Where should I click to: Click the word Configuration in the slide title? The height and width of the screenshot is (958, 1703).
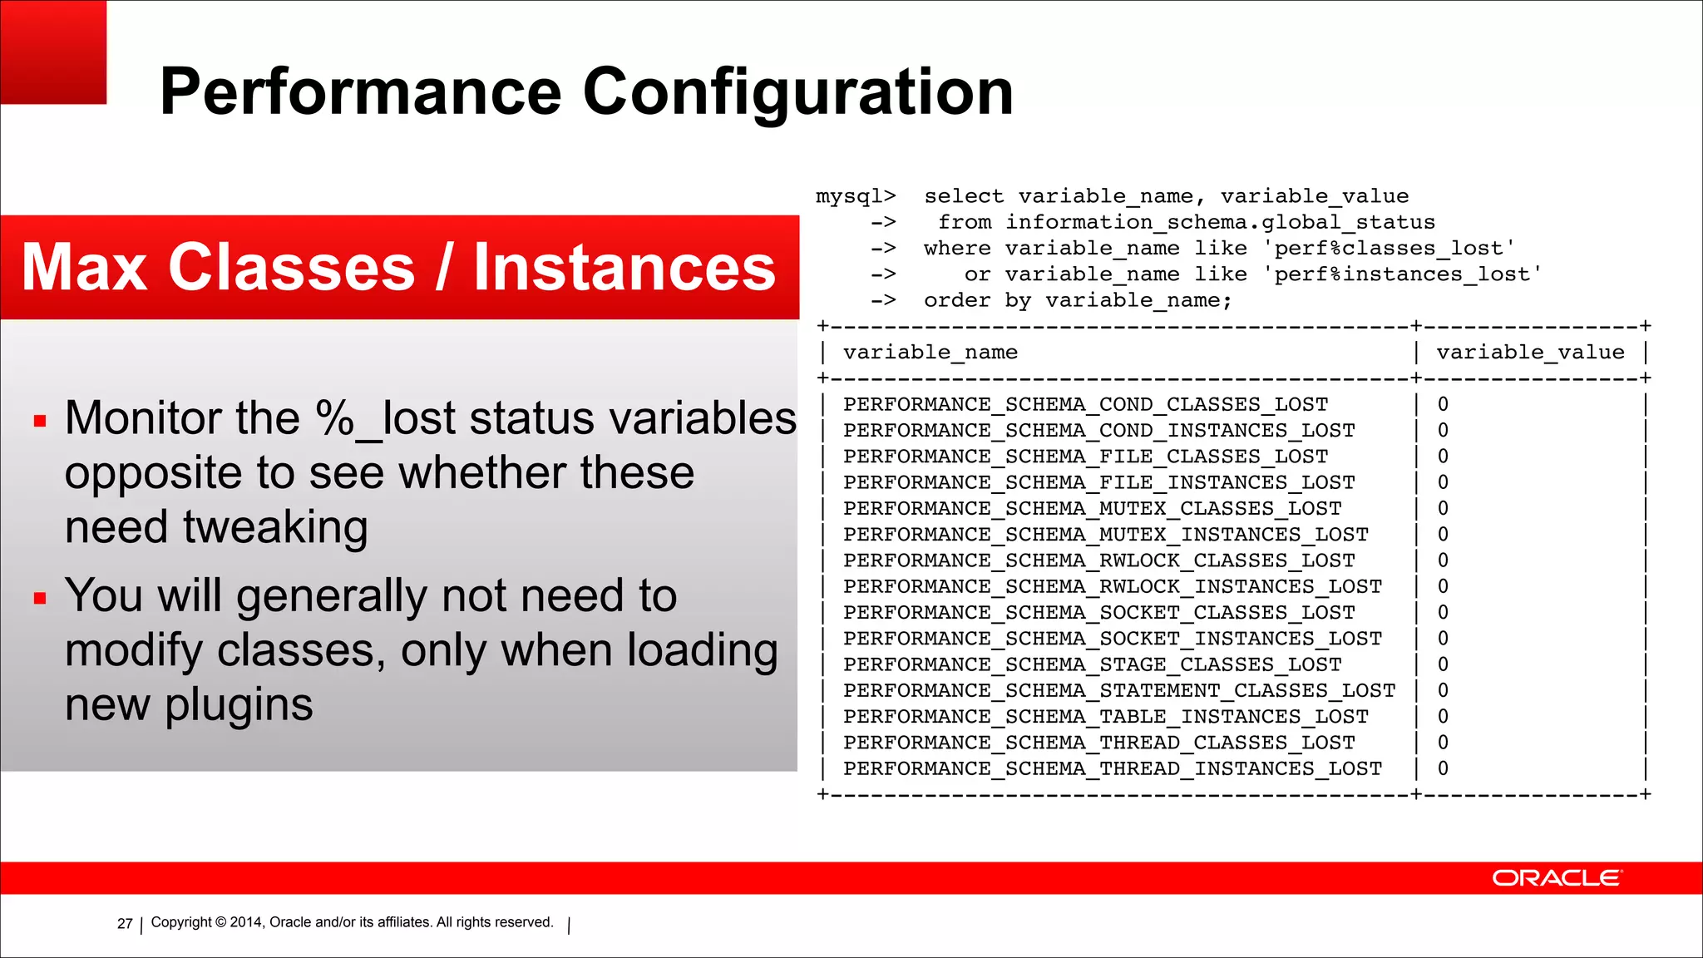pos(797,93)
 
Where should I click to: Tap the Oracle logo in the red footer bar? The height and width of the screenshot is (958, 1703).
pos(1556,878)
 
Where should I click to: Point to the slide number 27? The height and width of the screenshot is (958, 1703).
pos(125,923)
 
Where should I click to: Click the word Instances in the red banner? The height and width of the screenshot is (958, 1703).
pos(624,268)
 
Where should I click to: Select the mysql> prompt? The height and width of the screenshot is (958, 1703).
pos(856,196)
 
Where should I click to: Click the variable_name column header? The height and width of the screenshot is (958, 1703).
pos(930,353)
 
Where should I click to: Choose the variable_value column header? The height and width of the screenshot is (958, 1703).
pos(1530,353)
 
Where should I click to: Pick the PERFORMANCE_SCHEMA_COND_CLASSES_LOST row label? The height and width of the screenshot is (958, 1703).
pos(1085,405)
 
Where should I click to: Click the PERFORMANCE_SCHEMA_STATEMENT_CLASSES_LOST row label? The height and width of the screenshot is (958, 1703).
pos(1118,691)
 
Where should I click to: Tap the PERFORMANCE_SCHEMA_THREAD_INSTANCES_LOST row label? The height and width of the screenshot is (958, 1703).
pos(1112,769)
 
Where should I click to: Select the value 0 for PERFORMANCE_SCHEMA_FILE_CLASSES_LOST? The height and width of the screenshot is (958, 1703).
pos(1443,457)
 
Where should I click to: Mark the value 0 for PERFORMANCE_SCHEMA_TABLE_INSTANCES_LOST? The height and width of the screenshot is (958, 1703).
pos(1443,717)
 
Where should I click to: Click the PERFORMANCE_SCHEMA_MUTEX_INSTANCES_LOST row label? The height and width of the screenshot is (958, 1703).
pos(1105,535)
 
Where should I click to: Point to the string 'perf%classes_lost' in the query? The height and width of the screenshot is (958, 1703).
pos(1389,249)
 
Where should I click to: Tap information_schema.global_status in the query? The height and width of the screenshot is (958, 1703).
pos(1220,223)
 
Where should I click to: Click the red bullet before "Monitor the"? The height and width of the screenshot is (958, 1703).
pos(40,421)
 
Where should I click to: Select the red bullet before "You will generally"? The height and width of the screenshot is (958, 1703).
pos(40,598)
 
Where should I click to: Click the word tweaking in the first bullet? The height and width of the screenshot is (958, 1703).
pos(275,527)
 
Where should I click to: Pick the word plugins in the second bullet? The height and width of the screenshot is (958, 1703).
pos(239,705)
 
